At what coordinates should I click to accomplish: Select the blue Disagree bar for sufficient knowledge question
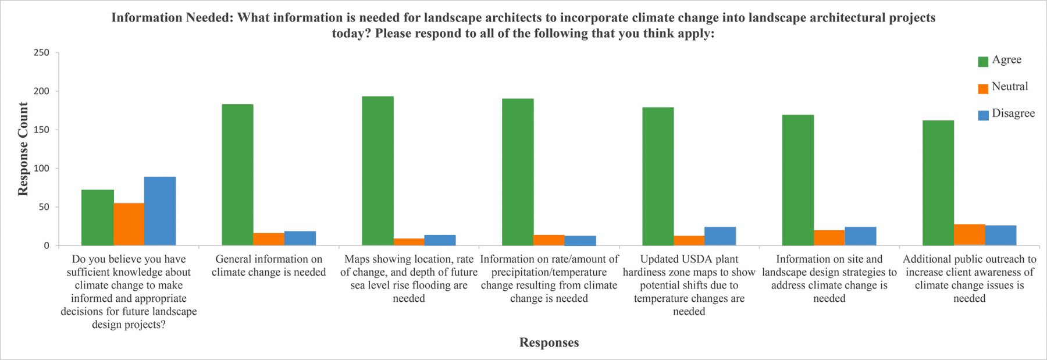[x=160, y=211]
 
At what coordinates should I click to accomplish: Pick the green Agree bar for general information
[x=237, y=174]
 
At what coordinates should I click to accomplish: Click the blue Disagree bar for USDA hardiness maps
[x=720, y=236]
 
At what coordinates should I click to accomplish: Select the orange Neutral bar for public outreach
[x=969, y=235]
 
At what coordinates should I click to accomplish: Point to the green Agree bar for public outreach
[x=938, y=183]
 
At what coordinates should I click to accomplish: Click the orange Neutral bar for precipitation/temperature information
[x=549, y=240]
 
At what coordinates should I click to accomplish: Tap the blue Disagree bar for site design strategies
[x=860, y=236]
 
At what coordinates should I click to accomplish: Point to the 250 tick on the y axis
[x=42, y=52]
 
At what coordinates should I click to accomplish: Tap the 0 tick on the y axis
[x=47, y=246]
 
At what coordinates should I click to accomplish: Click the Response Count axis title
[x=23, y=149]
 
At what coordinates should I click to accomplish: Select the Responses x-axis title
[x=549, y=343]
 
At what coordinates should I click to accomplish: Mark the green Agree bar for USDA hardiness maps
[x=658, y=176]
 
